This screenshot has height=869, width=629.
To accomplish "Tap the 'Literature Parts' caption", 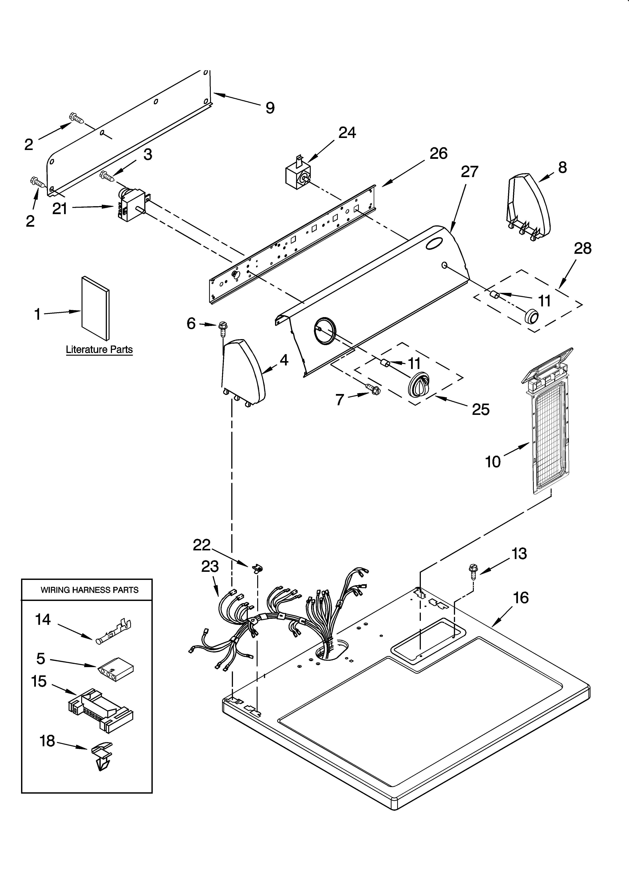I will (x=99, y=349).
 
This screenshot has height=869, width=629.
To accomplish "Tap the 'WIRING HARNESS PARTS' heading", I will (x=90, y=590).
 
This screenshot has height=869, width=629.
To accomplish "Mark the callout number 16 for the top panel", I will (x=521, y=597).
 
